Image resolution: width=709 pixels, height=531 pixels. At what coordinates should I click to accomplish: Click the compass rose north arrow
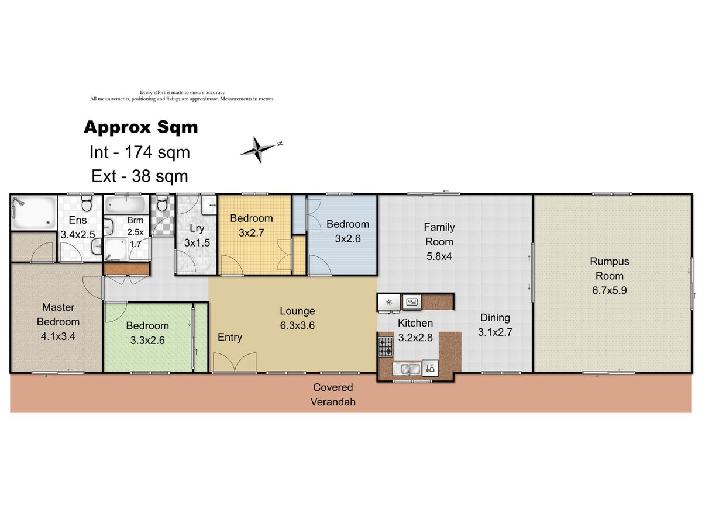[x=261, y=150]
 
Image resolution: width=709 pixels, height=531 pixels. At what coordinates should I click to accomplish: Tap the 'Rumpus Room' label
[x=609, y=268]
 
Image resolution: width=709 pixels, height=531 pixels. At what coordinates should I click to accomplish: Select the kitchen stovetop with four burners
[x=386, y=346]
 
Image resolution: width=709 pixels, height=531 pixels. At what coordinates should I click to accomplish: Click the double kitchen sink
[x=407, y=368]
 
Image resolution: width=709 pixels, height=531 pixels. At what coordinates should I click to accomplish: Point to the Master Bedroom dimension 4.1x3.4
[x=58, y=336]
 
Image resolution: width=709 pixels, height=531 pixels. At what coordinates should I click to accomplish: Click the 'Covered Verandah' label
[x=333, y=394]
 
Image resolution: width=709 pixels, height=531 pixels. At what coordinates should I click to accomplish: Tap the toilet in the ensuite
[x=86, y=203]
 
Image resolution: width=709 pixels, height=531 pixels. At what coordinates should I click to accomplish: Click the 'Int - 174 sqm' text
[x=140, y=152]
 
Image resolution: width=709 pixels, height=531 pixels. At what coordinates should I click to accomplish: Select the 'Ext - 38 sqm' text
[x=140, y=176]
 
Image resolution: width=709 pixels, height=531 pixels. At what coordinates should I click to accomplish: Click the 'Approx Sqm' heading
[x=140, y=127]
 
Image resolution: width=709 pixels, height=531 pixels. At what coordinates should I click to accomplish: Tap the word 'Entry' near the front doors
[x=230, y=337]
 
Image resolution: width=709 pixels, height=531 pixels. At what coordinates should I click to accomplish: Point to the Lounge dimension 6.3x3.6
[x=297, y=325]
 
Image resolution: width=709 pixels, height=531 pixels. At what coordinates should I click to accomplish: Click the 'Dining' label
[x=495, y=318]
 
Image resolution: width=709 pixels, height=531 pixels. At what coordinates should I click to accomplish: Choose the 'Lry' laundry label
[x=197, y=228]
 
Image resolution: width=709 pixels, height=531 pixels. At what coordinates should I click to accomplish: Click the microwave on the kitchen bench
[x=411, y=302]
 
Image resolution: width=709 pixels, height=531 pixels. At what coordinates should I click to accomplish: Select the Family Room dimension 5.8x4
[x=439, y=256]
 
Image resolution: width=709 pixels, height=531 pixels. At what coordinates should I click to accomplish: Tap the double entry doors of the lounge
[x=235, y=363]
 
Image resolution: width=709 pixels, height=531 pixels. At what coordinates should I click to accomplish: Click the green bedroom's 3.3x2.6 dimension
[x=147, y=340]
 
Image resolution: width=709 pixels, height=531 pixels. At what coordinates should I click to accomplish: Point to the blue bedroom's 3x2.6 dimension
[x=347, y=238]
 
